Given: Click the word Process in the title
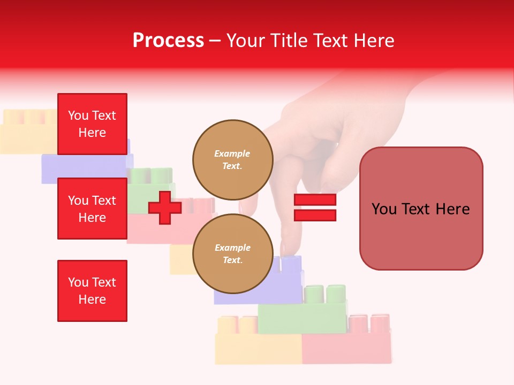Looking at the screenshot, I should pyautogui.click(x=168, y=41).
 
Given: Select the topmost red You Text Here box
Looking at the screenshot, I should pyautogui.click(x=92, y=124).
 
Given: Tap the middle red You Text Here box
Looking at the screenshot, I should pyautogui.click(x=92, y=209).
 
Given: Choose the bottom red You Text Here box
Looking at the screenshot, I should pyautogui.click(x=92, y=290).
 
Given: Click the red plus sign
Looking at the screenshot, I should pyautogui.click(x=165, y=208).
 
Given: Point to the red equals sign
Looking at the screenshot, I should pyautogui.click(x=315, y=207).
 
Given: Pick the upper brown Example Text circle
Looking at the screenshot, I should pyautogui.click(x=232, y=159).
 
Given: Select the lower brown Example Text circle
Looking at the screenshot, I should pyautogui.click(x=232, y=253).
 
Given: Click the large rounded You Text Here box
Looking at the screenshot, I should pyautogui.click(x=421, y=209).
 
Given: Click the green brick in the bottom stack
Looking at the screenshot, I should pyautogui.click(x=303, y=315).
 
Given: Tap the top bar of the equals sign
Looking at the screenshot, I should pyautogui.click(x=315, y=200).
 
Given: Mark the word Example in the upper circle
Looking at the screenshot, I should pyautogui.click(x=232, y=154).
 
